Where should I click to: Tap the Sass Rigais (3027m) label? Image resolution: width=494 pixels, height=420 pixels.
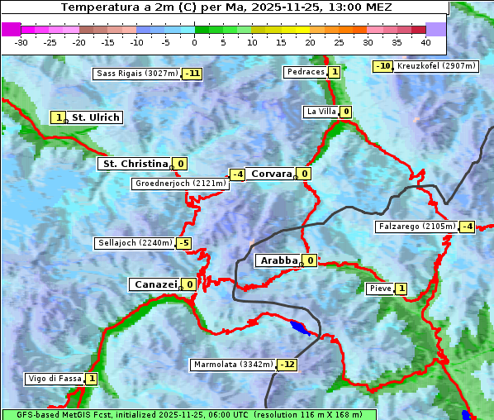click(137, 74)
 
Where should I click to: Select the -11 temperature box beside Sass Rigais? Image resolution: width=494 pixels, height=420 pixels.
click(192, 74)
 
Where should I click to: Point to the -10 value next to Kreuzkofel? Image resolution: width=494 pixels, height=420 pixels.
click(382, 66)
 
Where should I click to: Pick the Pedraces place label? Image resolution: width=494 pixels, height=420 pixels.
click(305, 72)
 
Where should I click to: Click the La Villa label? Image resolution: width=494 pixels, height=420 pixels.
click(321, 112)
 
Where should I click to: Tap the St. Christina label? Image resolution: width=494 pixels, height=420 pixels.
click(134, 164)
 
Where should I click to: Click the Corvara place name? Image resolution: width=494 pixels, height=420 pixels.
click(271, 174)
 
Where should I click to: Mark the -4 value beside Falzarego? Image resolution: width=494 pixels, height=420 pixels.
click(467, 227)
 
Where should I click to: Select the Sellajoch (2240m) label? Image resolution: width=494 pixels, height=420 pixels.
click(135, 243)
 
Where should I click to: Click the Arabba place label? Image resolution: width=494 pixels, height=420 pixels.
click(278, 260)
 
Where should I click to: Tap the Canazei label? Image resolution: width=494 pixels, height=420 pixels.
click(154, 284)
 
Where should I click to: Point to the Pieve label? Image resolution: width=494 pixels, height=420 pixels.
click(380, 289)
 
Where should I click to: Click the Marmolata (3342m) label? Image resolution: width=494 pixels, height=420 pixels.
click(233, 365)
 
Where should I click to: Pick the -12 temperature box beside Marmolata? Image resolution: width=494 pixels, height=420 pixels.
click(287, 365)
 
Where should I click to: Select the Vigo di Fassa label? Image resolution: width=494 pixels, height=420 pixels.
click(55, 379)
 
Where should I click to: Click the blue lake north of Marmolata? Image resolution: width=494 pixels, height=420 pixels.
click(300, 328)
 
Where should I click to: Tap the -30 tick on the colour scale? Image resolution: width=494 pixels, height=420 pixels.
click(21, 42)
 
